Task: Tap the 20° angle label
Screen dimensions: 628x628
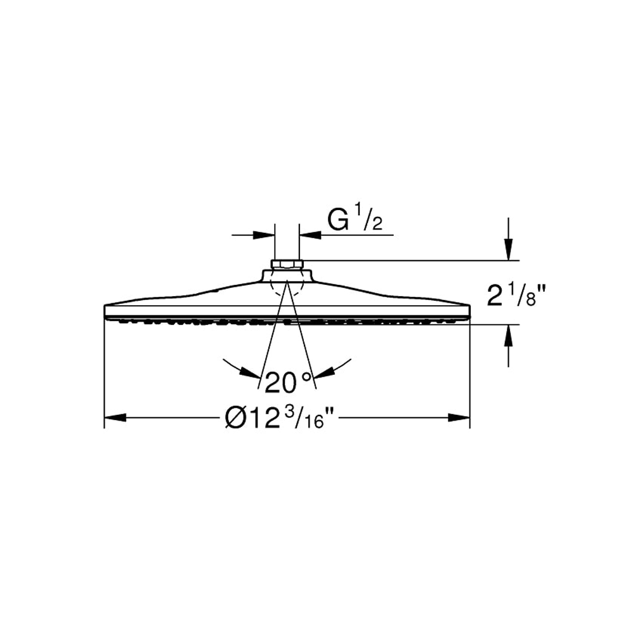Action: click(289, 382)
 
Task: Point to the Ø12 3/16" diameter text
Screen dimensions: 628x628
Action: click(279, 417)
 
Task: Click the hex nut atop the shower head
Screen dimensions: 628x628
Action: click(287, 264)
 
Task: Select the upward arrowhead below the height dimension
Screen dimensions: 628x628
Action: click(507, 335)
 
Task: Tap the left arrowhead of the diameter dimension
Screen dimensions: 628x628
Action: click(115, 417)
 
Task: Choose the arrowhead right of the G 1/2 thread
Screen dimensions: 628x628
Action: click(310, 235)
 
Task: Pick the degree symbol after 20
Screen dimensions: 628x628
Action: click(306, 377)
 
